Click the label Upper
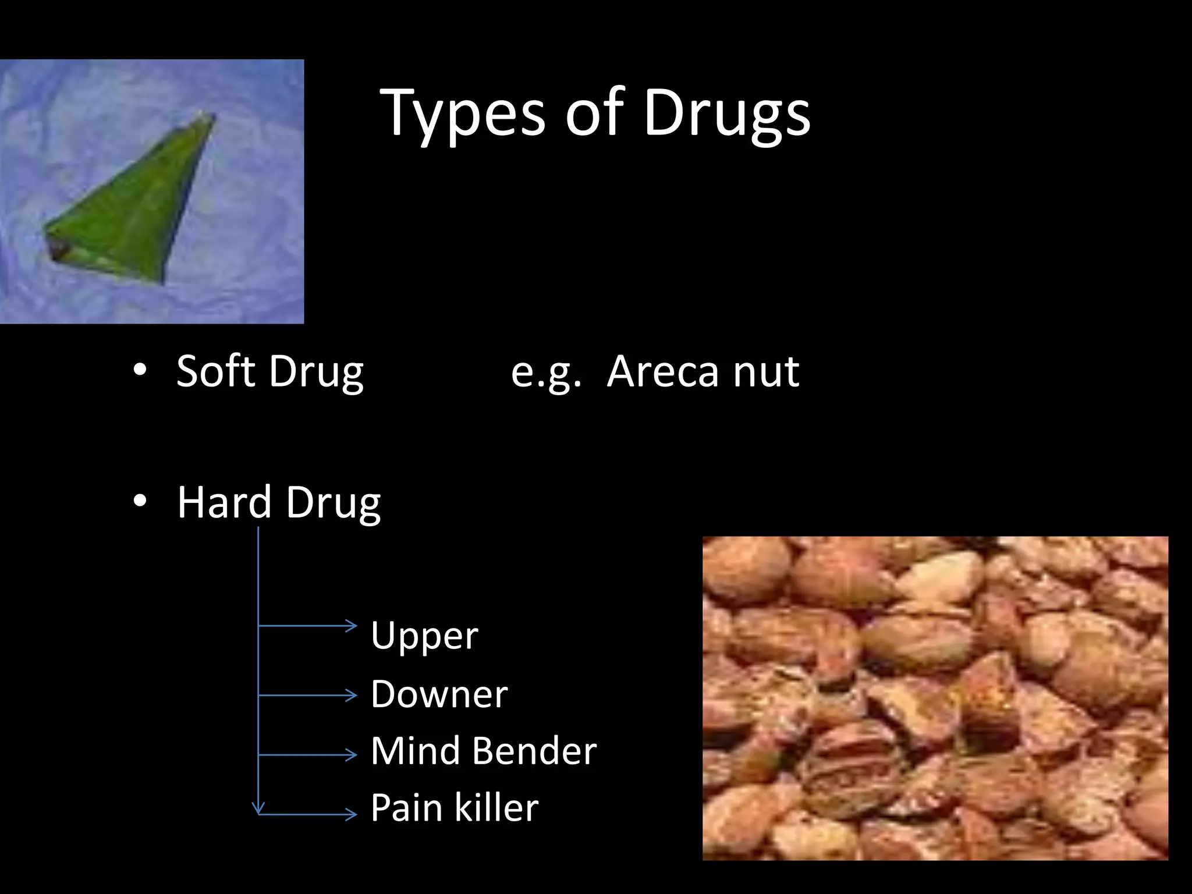coord(424,636)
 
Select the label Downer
coord(439,694)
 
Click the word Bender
coord(534,751)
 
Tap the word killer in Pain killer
coord(496,808)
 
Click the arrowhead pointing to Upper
coord(351,626)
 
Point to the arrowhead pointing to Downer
coord(351,695)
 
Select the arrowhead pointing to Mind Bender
coord(351,755)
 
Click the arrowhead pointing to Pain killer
coord(351,814)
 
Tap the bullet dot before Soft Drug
coord(140,370)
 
